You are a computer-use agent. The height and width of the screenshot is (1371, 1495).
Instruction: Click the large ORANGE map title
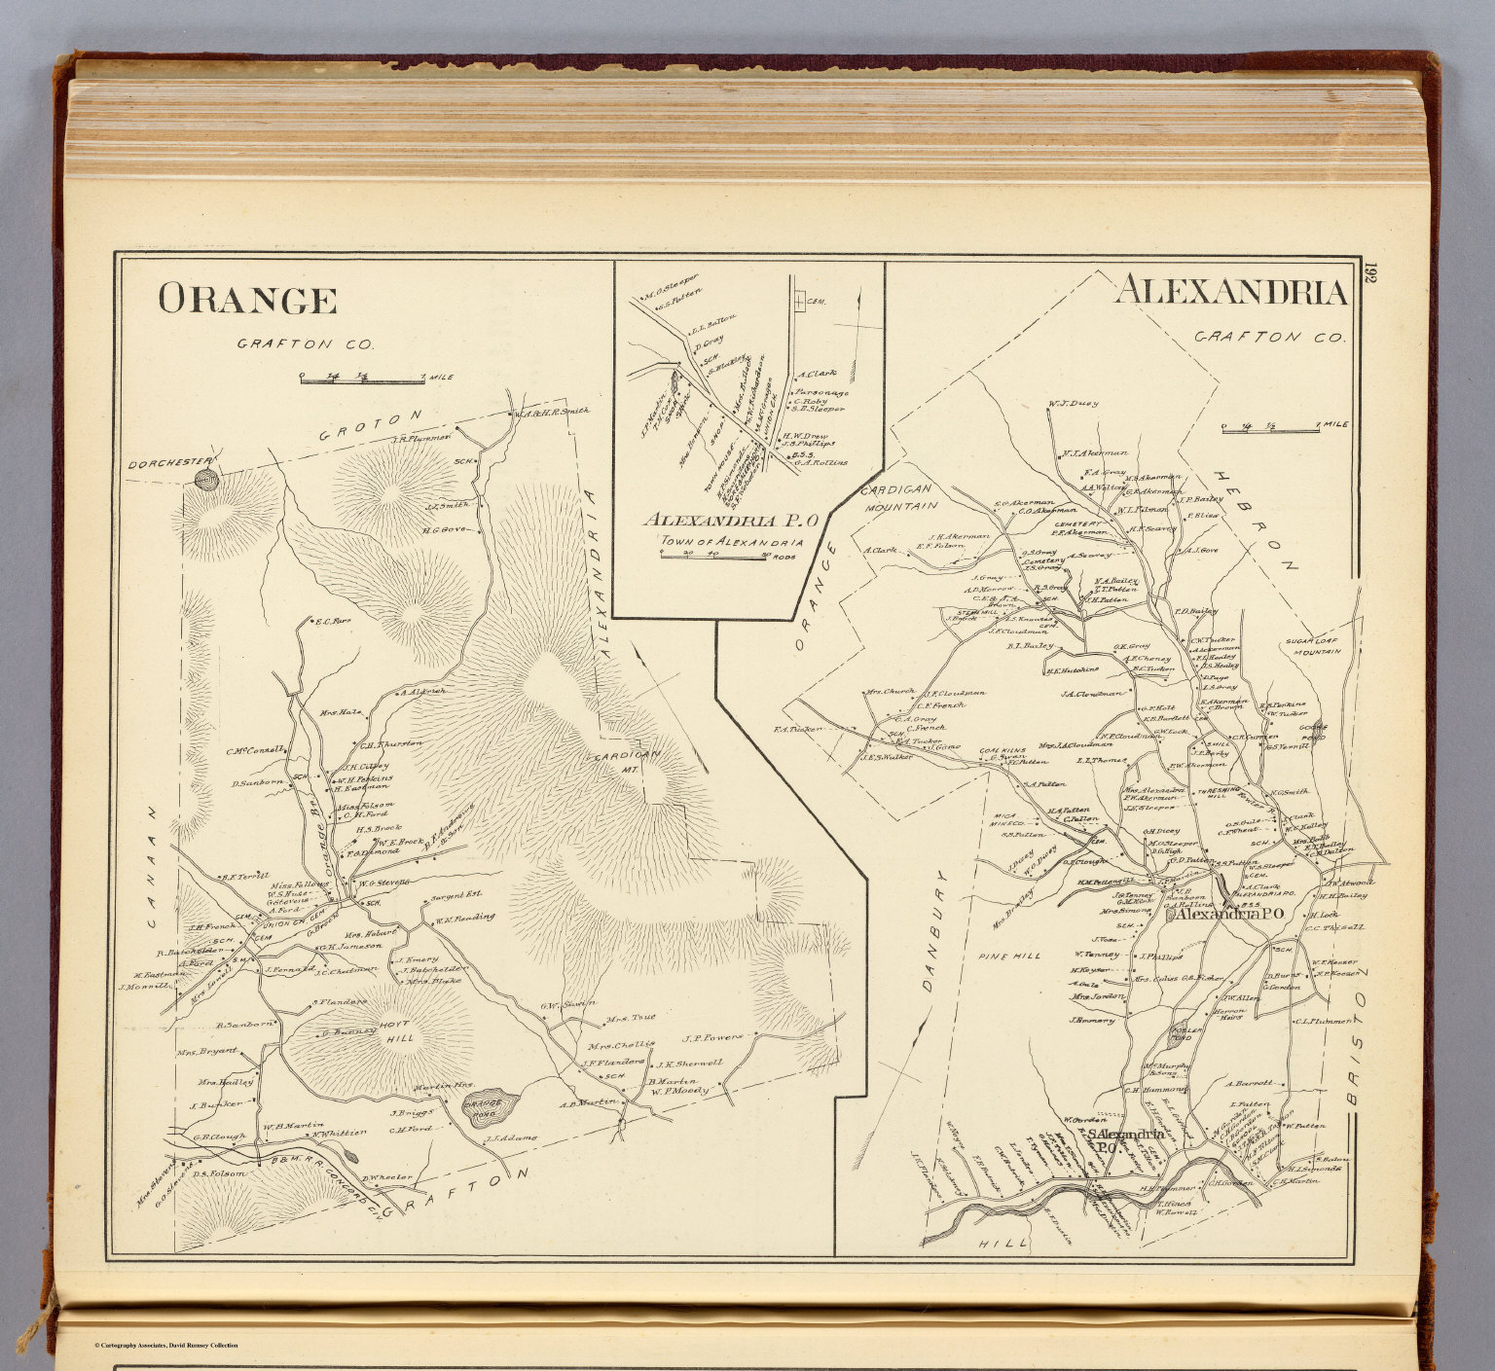tap(247, 301)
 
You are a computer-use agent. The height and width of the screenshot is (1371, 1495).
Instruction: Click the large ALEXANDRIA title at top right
tap(1230, 292)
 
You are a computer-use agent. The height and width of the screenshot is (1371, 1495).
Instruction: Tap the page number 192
tap(1369, 272)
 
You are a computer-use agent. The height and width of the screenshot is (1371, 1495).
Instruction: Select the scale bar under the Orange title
tap(363, 379)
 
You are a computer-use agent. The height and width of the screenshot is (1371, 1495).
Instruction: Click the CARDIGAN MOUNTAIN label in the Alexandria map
tap(896, 497)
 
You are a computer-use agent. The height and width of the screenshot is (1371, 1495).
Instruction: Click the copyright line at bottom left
tap(165, 1345)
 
